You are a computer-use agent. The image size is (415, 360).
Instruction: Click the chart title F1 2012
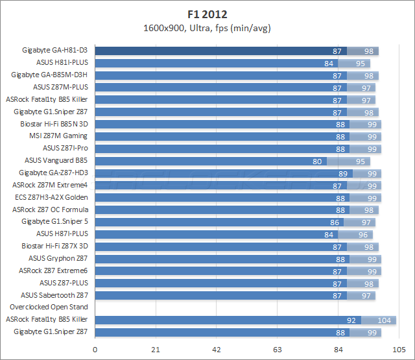coord(207,12)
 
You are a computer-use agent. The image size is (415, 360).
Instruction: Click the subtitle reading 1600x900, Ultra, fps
coord(207,27)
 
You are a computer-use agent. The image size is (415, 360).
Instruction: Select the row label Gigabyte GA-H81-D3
coord(54,51)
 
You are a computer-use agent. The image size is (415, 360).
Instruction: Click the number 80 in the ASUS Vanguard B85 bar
coord(317,160)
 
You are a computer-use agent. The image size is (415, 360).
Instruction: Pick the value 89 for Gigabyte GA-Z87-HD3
coord(343,173)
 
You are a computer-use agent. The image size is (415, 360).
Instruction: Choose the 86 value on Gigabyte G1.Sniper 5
coord(335,222)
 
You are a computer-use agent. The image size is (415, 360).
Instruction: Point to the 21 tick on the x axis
coord(156,350)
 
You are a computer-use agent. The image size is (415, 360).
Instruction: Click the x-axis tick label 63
coord(278,350)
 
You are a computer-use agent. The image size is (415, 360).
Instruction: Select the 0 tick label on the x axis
coord(95,350)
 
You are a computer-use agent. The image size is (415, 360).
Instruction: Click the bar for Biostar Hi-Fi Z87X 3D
coord(220,246)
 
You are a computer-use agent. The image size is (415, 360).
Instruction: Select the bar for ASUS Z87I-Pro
coord(220,148)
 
